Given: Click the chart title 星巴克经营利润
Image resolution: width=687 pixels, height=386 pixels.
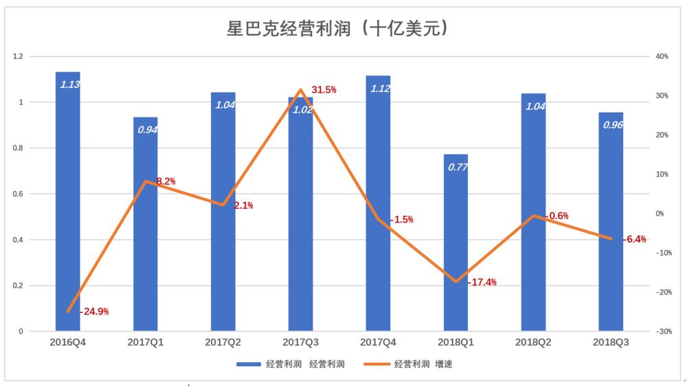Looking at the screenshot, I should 338,28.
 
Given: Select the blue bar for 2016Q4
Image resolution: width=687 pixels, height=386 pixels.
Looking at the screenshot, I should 68,206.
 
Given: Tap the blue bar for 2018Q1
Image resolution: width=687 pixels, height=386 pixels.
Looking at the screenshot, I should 455,247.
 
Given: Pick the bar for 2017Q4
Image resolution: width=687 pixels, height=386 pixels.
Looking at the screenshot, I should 378,206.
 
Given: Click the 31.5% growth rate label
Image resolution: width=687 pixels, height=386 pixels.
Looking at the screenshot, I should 324,90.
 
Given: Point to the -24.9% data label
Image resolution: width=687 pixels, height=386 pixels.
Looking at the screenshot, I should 94,311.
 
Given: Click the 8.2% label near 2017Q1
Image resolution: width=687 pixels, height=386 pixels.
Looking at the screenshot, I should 165,181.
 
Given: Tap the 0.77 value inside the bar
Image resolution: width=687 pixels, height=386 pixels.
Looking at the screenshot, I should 455,167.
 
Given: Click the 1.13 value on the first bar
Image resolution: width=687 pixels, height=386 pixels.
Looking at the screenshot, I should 69,85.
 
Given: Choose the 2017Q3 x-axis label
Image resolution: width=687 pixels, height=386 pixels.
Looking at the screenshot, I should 300,342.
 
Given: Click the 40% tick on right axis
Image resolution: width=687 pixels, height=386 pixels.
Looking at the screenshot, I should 662,56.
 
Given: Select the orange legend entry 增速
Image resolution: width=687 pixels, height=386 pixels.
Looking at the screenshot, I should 423,364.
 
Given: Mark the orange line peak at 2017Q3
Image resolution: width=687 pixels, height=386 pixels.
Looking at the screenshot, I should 300,90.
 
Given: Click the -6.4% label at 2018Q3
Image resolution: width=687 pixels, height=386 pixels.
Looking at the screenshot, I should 635,240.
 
